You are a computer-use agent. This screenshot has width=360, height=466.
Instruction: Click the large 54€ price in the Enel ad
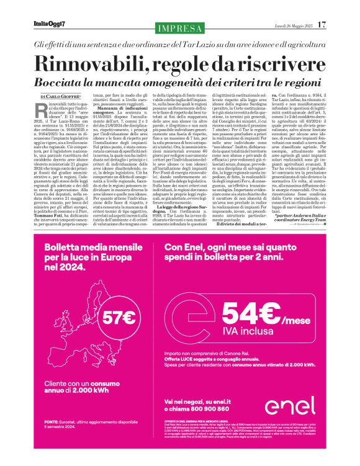(x=247, y=314)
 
